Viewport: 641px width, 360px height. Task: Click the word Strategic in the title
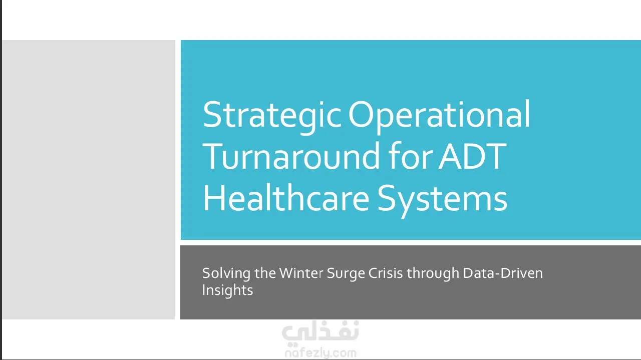coord(272,116)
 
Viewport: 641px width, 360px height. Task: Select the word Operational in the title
coord(439,116)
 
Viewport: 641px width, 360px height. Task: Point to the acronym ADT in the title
coord(473,156)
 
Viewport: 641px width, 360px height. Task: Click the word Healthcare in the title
coord(286,197)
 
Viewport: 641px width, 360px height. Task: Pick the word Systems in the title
coord(442,200)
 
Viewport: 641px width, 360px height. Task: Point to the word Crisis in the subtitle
coord(386,273)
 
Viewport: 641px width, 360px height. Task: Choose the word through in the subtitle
coord(433,274)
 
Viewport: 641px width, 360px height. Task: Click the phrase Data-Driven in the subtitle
coord(503,273)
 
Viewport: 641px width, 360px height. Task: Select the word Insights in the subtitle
coord(227,291)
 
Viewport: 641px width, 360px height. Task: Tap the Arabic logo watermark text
coord(320,332)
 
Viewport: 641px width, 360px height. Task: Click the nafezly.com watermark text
coord(320,353)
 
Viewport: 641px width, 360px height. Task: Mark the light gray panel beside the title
coord(89,179)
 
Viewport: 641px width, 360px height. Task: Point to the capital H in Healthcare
coord(214,197)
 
